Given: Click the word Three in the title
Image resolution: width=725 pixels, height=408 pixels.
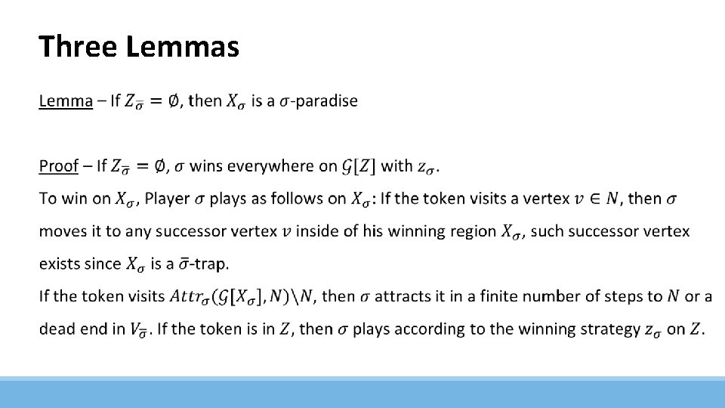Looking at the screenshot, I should (79, 47).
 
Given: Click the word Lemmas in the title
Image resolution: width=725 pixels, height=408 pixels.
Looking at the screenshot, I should (183, 47).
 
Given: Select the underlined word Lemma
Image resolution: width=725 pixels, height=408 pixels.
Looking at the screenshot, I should (66, 100).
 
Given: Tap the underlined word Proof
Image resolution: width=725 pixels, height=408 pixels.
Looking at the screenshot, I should (59, 165).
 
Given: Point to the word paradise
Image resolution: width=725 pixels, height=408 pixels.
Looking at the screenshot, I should (326, 100).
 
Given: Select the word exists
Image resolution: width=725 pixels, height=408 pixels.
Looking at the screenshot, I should (60, 264).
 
